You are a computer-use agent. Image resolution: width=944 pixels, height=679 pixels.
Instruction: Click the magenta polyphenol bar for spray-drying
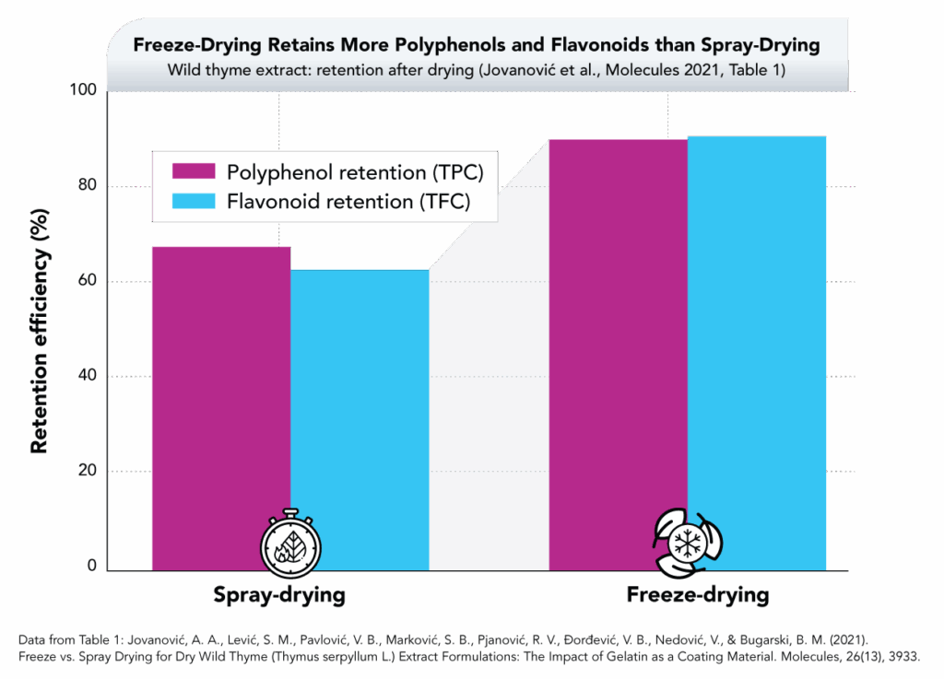[x=220, y=405]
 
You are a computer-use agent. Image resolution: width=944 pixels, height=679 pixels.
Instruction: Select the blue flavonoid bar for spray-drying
[x=360, y=419]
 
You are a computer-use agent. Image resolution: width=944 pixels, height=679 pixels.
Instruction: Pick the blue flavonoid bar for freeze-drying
[x=757, y=350]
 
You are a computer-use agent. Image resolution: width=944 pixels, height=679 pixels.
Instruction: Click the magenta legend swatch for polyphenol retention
[x=194, y=171]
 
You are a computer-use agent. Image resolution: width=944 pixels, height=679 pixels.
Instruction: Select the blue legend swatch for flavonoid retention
[x=194, y=201]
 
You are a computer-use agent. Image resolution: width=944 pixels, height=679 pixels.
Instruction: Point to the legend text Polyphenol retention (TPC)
[x=355, y=171]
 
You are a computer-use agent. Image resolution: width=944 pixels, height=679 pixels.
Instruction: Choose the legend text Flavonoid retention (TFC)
[x=348, y=201]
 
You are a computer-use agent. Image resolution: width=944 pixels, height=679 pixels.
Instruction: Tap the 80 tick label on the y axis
[x=88, y=186]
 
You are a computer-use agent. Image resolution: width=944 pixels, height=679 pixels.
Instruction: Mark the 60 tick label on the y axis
[x=88, y=281]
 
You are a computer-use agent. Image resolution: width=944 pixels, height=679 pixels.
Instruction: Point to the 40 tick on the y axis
[x=88, y=376]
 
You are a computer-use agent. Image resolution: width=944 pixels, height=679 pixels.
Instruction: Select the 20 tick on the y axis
[x=88, y=471]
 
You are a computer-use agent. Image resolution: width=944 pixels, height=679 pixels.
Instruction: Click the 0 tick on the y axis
[x=91, y=566]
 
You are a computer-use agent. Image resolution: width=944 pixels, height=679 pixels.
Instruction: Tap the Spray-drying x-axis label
[x=279, y=595]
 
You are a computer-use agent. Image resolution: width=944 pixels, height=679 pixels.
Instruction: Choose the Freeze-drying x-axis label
[x=697, y=595]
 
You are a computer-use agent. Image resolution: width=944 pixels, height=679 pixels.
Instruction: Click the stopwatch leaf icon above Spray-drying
[x=290, y=541]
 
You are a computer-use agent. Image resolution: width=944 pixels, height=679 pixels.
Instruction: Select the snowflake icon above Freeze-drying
[x=688, y=541]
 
